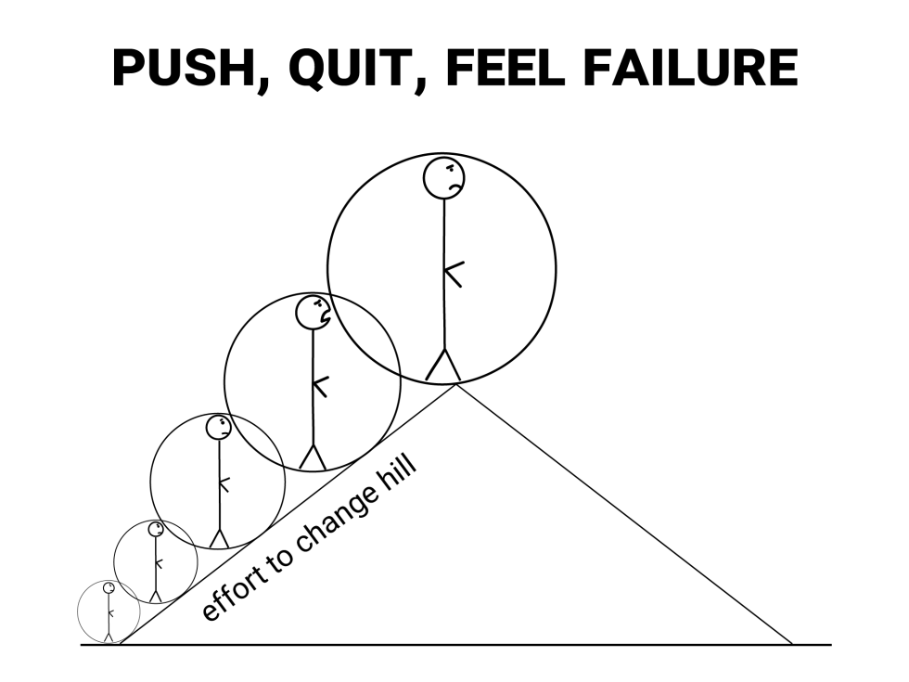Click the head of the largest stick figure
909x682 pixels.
click(444, 178)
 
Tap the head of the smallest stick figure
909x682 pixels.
click(109, 588)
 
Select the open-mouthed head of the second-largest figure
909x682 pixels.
click(314, 313)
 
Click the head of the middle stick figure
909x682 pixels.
click(219, 428)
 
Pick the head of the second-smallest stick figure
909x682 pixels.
click(156, 530)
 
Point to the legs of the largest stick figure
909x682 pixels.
click(443, 367)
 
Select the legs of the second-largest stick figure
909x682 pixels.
click(313, 457)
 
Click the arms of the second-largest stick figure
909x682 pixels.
click(321, 385)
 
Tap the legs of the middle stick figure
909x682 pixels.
click(219, 538)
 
